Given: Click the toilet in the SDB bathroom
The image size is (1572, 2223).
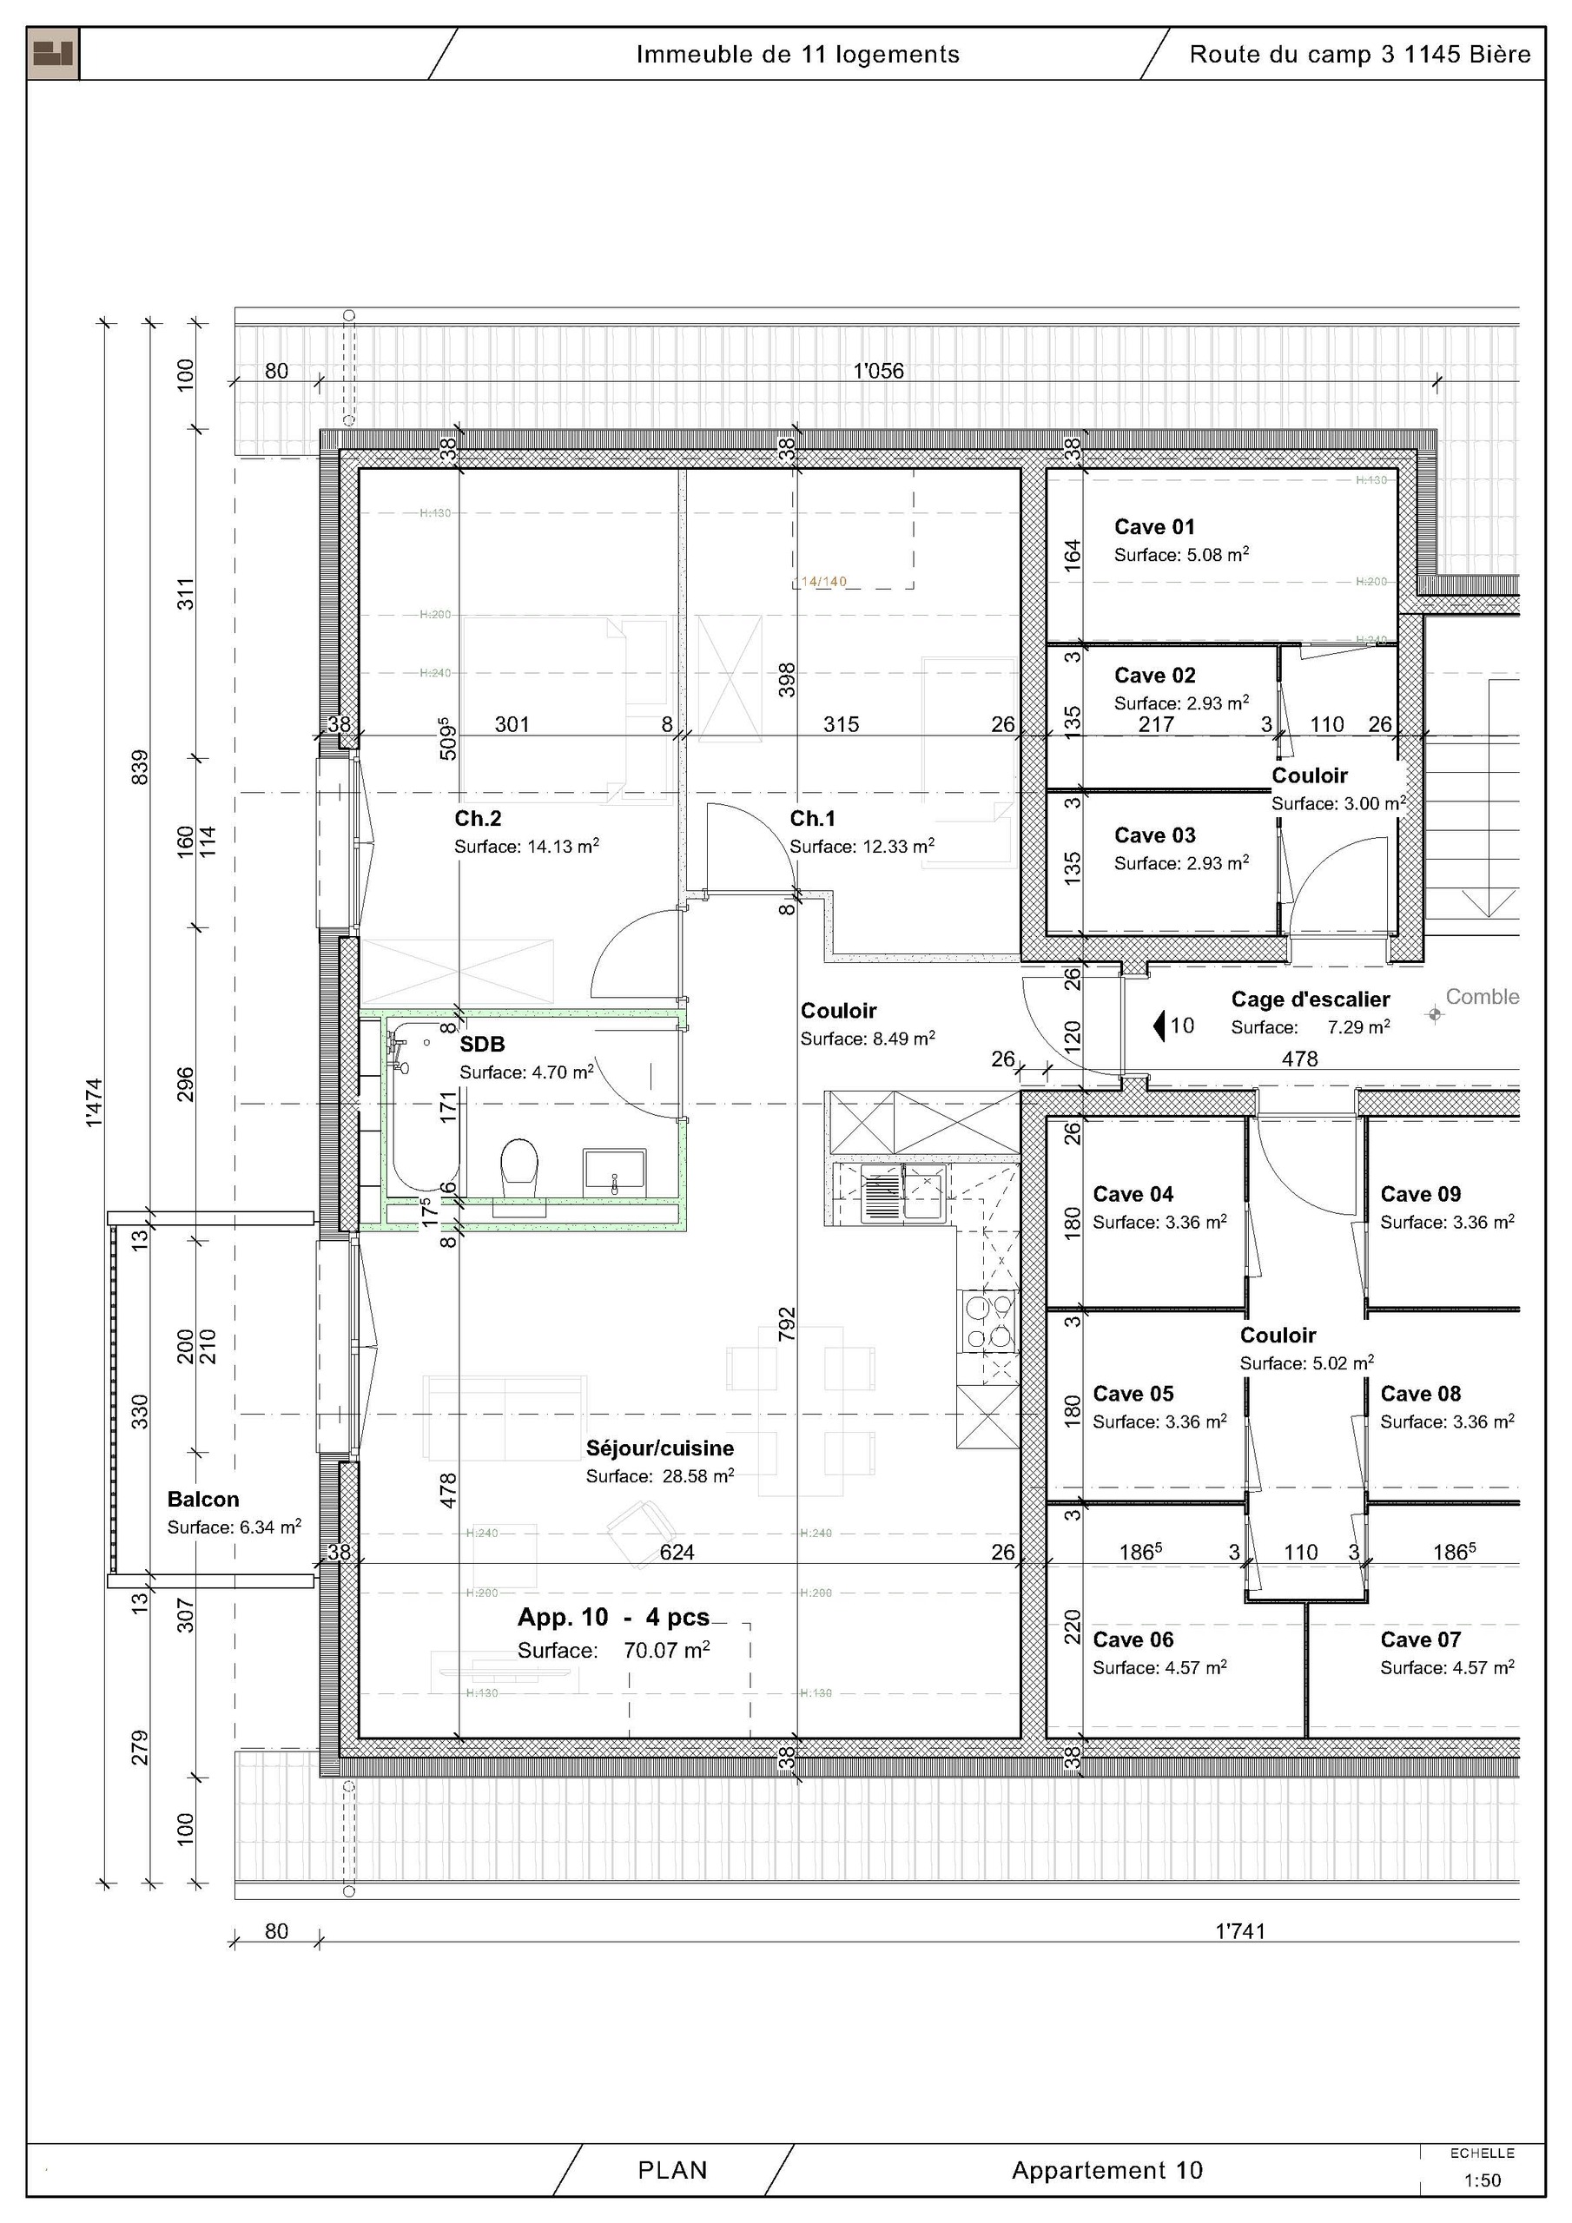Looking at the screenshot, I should (x=519, y=1164).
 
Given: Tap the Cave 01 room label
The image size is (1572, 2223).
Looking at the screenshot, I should (x=1153, y=528).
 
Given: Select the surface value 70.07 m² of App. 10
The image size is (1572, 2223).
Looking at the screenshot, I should (x=666, y=1650).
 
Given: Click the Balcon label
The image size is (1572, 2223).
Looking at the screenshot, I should (x=202, y=1499).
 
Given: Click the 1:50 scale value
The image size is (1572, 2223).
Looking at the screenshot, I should (x=1482, y=2180).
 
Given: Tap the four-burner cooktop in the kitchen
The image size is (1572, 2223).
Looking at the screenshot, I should (x=988, y=1323).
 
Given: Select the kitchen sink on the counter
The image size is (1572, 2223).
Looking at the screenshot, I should (x=903, y=1194).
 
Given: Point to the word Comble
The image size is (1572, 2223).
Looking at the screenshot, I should (x=1482, y=996).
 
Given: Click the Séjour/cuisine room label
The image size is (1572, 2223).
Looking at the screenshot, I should (x=658, y=1448).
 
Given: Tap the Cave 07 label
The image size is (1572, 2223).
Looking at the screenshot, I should (x=1420, y=1639).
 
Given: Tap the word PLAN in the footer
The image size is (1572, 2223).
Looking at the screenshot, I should (x=672, y=2170).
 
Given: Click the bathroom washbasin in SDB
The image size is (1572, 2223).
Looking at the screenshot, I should (x=614, y=1172).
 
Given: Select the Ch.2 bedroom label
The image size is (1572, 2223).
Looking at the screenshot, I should (x=478, y=818).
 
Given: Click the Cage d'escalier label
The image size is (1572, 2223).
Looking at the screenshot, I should (x=1310, y=999).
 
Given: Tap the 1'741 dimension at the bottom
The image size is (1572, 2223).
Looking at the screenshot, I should (x=1239, y=1930).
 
